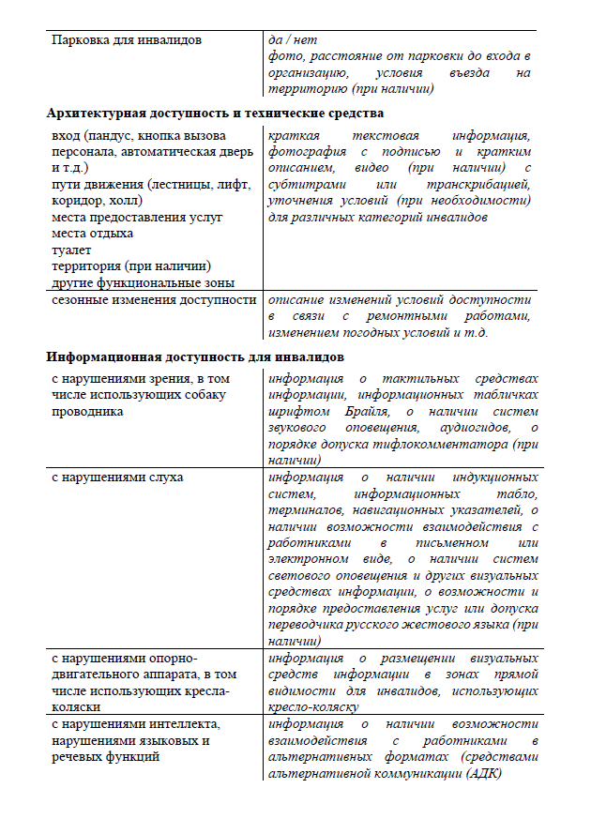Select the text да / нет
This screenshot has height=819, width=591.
click(x=289, y=41)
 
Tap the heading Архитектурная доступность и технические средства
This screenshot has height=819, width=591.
click(x=215, y=114)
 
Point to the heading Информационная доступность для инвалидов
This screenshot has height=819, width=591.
click(x=196, y=357)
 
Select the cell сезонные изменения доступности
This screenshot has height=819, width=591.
click(x=154, y=300)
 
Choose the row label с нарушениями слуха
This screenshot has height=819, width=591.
click(x=117, y=478)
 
